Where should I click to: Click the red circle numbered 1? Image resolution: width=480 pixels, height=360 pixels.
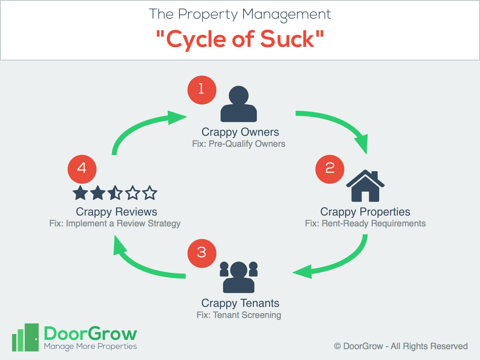pyautogui.click(x=202, y=90)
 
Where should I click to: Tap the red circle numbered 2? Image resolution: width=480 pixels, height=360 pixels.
pyautogui.click(x=330, y=169)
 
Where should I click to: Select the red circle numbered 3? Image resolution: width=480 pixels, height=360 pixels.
pyautogui.click(x=202, y=253)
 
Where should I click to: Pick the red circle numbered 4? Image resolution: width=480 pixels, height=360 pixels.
pyautogui.click(x=82, y=169)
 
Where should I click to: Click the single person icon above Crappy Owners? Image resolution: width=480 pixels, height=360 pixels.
pyautogui.click(x=238, y=104)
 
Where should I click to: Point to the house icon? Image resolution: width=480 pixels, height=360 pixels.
pyautogui.click(x=365, y=186)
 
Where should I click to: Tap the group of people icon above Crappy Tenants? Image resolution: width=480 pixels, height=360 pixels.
pyautogui.click(x=238, y=277)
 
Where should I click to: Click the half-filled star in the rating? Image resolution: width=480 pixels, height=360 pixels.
pyautogui.click(x=115, y=193)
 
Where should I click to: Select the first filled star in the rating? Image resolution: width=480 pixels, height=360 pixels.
pyautogui.click(x=80, y=193)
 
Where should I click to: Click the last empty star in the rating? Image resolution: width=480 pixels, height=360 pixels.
pyautogui.click(x=150, y=193)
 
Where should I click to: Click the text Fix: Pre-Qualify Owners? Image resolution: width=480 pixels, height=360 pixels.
pyautogui.click(x=238, y=144)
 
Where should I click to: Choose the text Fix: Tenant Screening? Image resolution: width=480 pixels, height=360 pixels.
pyautogui.click(x=238, y=315)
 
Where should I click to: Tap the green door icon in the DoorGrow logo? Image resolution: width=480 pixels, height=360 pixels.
pyautogui.click(x=32, y=337)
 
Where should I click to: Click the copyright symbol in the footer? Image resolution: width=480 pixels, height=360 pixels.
pyautogui.click(x=338, y=346)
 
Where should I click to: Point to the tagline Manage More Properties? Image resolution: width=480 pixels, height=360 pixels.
pyautogui.click(x=90, y=346)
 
